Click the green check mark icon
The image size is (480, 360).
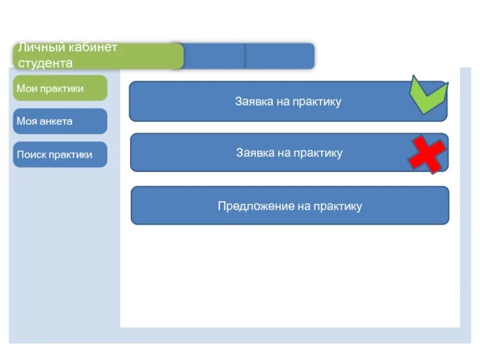[428, 95]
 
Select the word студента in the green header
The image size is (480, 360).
[45, 63]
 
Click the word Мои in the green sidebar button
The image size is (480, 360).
[27, 88]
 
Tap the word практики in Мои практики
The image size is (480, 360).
[62, 88]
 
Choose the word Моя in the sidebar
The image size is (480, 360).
[27, 121]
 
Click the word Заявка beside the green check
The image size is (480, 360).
[254, 101]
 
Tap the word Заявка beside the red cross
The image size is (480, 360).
[255, 153]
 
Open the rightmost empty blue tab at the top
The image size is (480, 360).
[279, 56]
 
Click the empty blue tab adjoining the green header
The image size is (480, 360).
[214, 56]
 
